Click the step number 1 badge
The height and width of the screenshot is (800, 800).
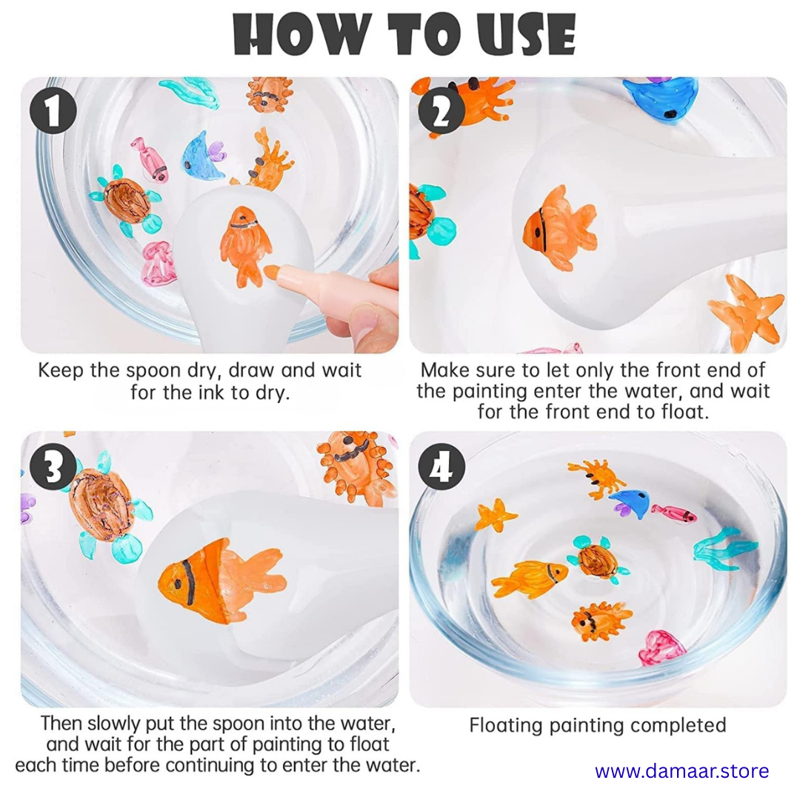pos(53,110)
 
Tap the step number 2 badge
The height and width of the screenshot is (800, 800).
pos(441,110)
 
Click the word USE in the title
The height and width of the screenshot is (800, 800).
pos(526,35)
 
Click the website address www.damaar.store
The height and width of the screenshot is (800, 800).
pos(681,770)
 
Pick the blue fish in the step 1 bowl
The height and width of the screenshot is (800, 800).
pos(202,156)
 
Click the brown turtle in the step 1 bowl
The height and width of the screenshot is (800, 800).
pos(127,201)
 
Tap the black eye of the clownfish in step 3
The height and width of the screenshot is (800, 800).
pos(176,583)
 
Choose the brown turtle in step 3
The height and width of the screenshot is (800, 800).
pos(104,505)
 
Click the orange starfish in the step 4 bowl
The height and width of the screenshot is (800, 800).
pos(495,516)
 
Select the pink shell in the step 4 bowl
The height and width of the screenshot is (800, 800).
pos(661,648)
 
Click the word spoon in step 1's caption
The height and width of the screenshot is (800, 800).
pos(154,370)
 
